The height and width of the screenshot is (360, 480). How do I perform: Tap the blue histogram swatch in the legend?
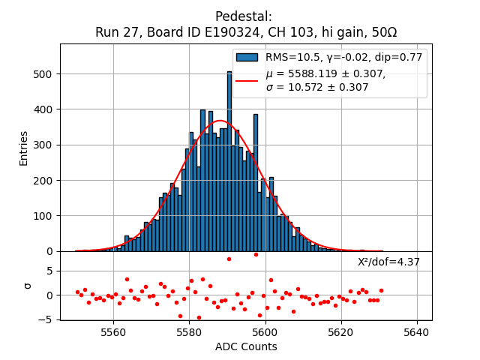(247, 57)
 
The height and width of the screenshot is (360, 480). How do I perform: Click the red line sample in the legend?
(247, 80)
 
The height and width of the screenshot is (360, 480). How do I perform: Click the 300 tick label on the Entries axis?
(44, 145)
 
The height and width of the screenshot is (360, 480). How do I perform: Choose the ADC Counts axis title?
(246, 346)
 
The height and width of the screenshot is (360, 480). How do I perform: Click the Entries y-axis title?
(24, 148)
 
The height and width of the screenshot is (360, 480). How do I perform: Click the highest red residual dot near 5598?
(256, 254)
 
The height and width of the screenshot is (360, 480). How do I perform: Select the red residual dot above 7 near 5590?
(229, 259)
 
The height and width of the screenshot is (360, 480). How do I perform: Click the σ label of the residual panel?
(28, 286)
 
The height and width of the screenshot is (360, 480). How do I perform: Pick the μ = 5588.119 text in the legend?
(325, 73)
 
